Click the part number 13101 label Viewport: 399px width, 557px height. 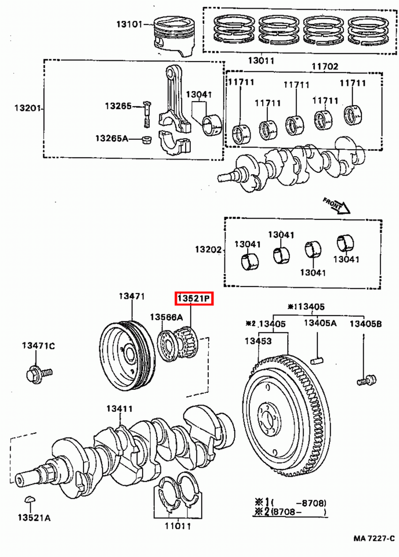tap(129, 24)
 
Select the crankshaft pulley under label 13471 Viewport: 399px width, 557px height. tap(126, 355)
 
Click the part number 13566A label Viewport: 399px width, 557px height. tap(166, 317)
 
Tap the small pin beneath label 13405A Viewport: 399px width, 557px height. tap(316, 361)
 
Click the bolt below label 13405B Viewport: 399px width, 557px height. tap(364, 379)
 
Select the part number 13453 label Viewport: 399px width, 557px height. tap(257, 342)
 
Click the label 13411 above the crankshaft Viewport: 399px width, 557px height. tap(119, 409)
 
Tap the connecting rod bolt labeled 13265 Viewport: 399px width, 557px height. tap(147, 114)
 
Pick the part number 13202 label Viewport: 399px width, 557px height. tap(208, 250)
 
